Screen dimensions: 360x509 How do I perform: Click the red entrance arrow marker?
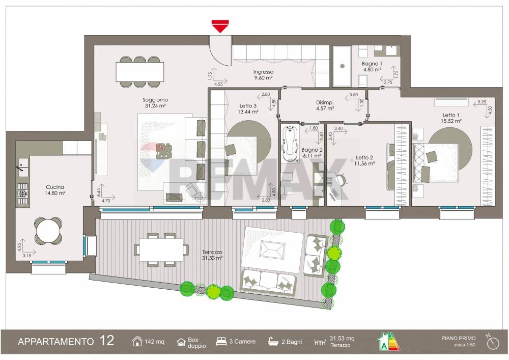(220, 26)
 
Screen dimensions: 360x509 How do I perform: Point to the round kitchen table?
(48, 232)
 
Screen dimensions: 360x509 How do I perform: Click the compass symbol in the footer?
(492, 342)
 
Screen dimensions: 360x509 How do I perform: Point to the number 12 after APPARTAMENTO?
(107, 341)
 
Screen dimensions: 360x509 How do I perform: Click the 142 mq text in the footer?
(155, 342)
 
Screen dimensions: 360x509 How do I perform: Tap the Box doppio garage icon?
(181, 342)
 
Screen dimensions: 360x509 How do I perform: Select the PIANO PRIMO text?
(458, 338)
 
